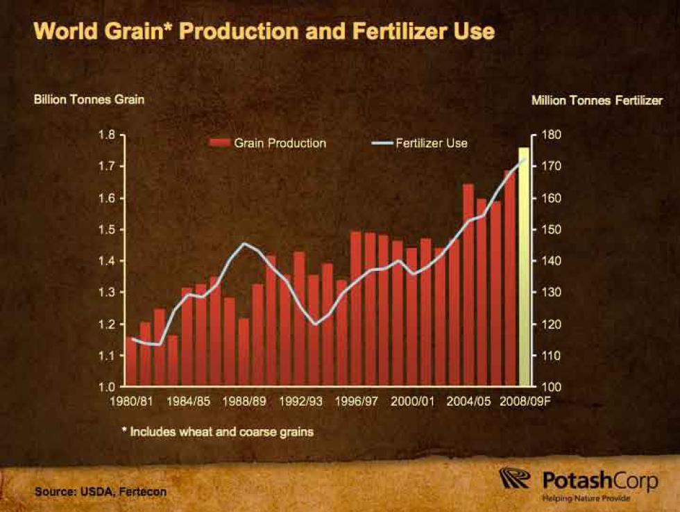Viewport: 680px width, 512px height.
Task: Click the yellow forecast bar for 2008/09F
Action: click(525, 267)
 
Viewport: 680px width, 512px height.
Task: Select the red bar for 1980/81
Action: click(131, 361)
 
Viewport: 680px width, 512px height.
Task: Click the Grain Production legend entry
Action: click(267, 143)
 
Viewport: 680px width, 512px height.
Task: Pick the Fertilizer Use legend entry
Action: click(420, 143)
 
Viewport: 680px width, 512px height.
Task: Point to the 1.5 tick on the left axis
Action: click(107, 229)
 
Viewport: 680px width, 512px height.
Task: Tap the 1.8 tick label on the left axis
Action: click(107, 135)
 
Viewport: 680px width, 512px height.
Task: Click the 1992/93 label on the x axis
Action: click(300, 401)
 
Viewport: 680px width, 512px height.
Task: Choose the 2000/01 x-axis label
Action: click(412, 401)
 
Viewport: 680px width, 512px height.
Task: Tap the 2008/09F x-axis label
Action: click(525, 401)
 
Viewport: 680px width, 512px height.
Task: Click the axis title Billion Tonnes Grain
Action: click(89, 99)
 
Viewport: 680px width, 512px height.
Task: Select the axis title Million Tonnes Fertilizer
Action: click(597, 100)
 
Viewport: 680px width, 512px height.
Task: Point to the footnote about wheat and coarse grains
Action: click(217, 431)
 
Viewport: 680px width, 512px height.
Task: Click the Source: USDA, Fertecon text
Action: click(101, 492)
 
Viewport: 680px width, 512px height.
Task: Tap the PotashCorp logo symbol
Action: click(515, 478)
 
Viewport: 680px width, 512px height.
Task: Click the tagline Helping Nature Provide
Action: click(586, 497)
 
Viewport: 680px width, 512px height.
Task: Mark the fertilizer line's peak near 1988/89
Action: click(244, 244)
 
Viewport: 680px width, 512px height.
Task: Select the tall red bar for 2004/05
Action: click(468, 285)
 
